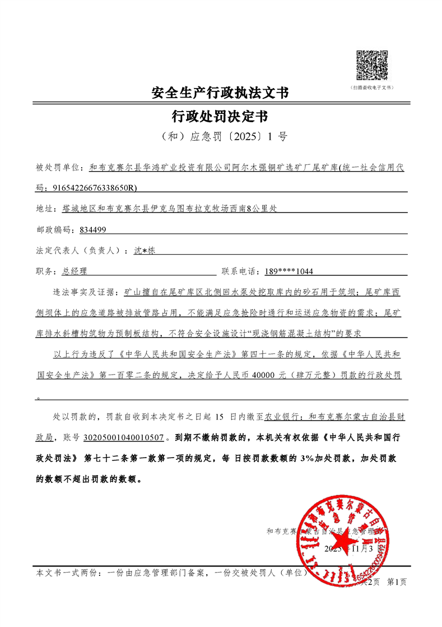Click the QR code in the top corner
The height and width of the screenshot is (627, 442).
372,66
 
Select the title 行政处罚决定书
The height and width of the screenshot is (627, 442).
220,116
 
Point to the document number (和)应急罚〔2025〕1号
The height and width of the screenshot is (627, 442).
220,136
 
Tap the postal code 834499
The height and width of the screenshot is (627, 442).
93,230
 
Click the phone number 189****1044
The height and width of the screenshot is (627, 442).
289,271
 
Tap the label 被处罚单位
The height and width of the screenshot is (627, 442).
58,167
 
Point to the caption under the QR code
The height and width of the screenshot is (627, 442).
372,88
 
